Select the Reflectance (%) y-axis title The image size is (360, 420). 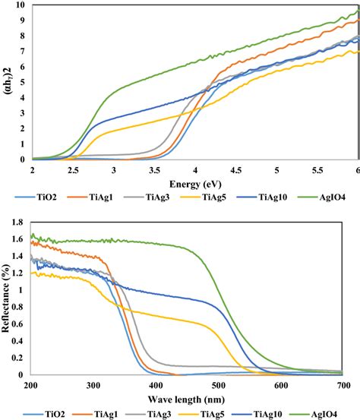(x=7, y=295)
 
